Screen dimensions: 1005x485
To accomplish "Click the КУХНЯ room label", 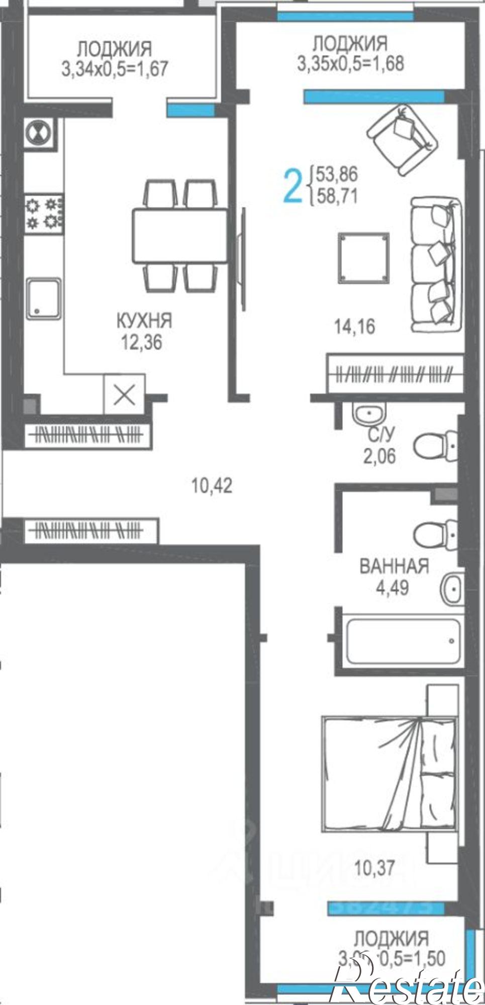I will point(144,320).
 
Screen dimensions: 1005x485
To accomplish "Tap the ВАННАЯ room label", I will point(395,566).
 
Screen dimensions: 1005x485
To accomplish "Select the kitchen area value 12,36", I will point(141,343).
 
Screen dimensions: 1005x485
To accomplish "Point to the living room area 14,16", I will point(355,327).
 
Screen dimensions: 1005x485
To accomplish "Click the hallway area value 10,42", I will point(212,486).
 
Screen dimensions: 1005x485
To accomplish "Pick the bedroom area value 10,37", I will point(375,868).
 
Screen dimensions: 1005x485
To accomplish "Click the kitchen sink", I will point(44,298).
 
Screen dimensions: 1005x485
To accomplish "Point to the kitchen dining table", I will point(180,236).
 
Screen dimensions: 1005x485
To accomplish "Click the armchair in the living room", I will point(403,140).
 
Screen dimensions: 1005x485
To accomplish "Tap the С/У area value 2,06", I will point(379,456).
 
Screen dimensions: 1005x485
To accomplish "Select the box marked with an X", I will point(124,395).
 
